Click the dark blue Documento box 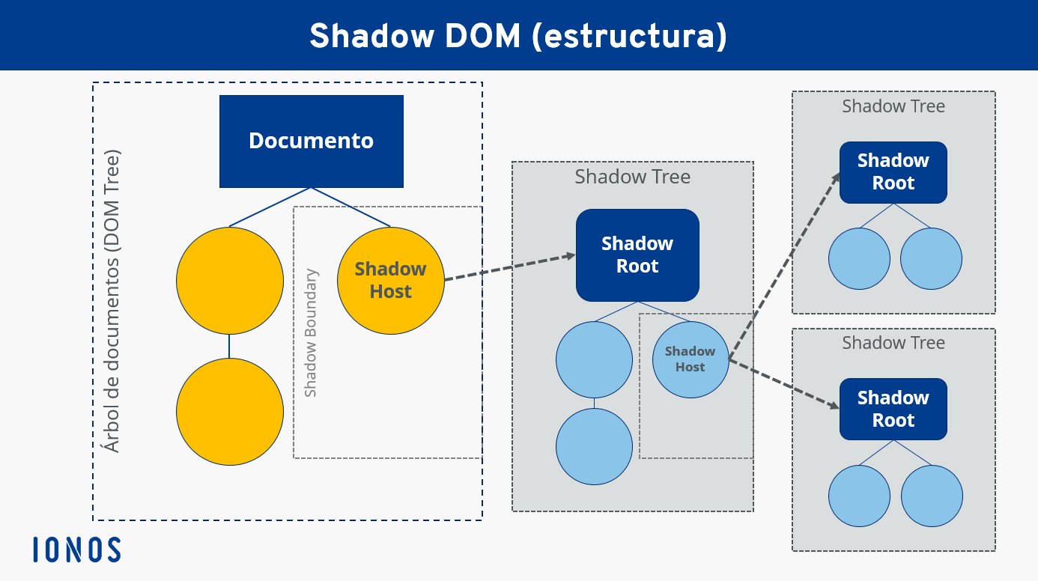[x=311, y=141]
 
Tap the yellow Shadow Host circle [x=390, y=280]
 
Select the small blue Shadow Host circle [x=690, y=359]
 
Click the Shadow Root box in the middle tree [x=637, y=255]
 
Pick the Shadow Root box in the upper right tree [x=893, y=172]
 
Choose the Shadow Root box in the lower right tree [x=893, y=409]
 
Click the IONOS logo [x=77, y=550]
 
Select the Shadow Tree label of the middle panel [x=632, y=177]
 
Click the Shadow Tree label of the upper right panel [x=893, y=106]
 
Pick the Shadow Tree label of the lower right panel [x=893, y=343]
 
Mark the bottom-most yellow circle [x=230, y=411]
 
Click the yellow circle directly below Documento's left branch [x=230, y=280]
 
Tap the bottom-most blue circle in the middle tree [x=594, y=446]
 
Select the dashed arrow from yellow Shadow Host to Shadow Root [x=509, y=268]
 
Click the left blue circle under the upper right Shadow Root [x=859, y=258]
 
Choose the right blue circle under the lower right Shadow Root [x=931, y=496]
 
